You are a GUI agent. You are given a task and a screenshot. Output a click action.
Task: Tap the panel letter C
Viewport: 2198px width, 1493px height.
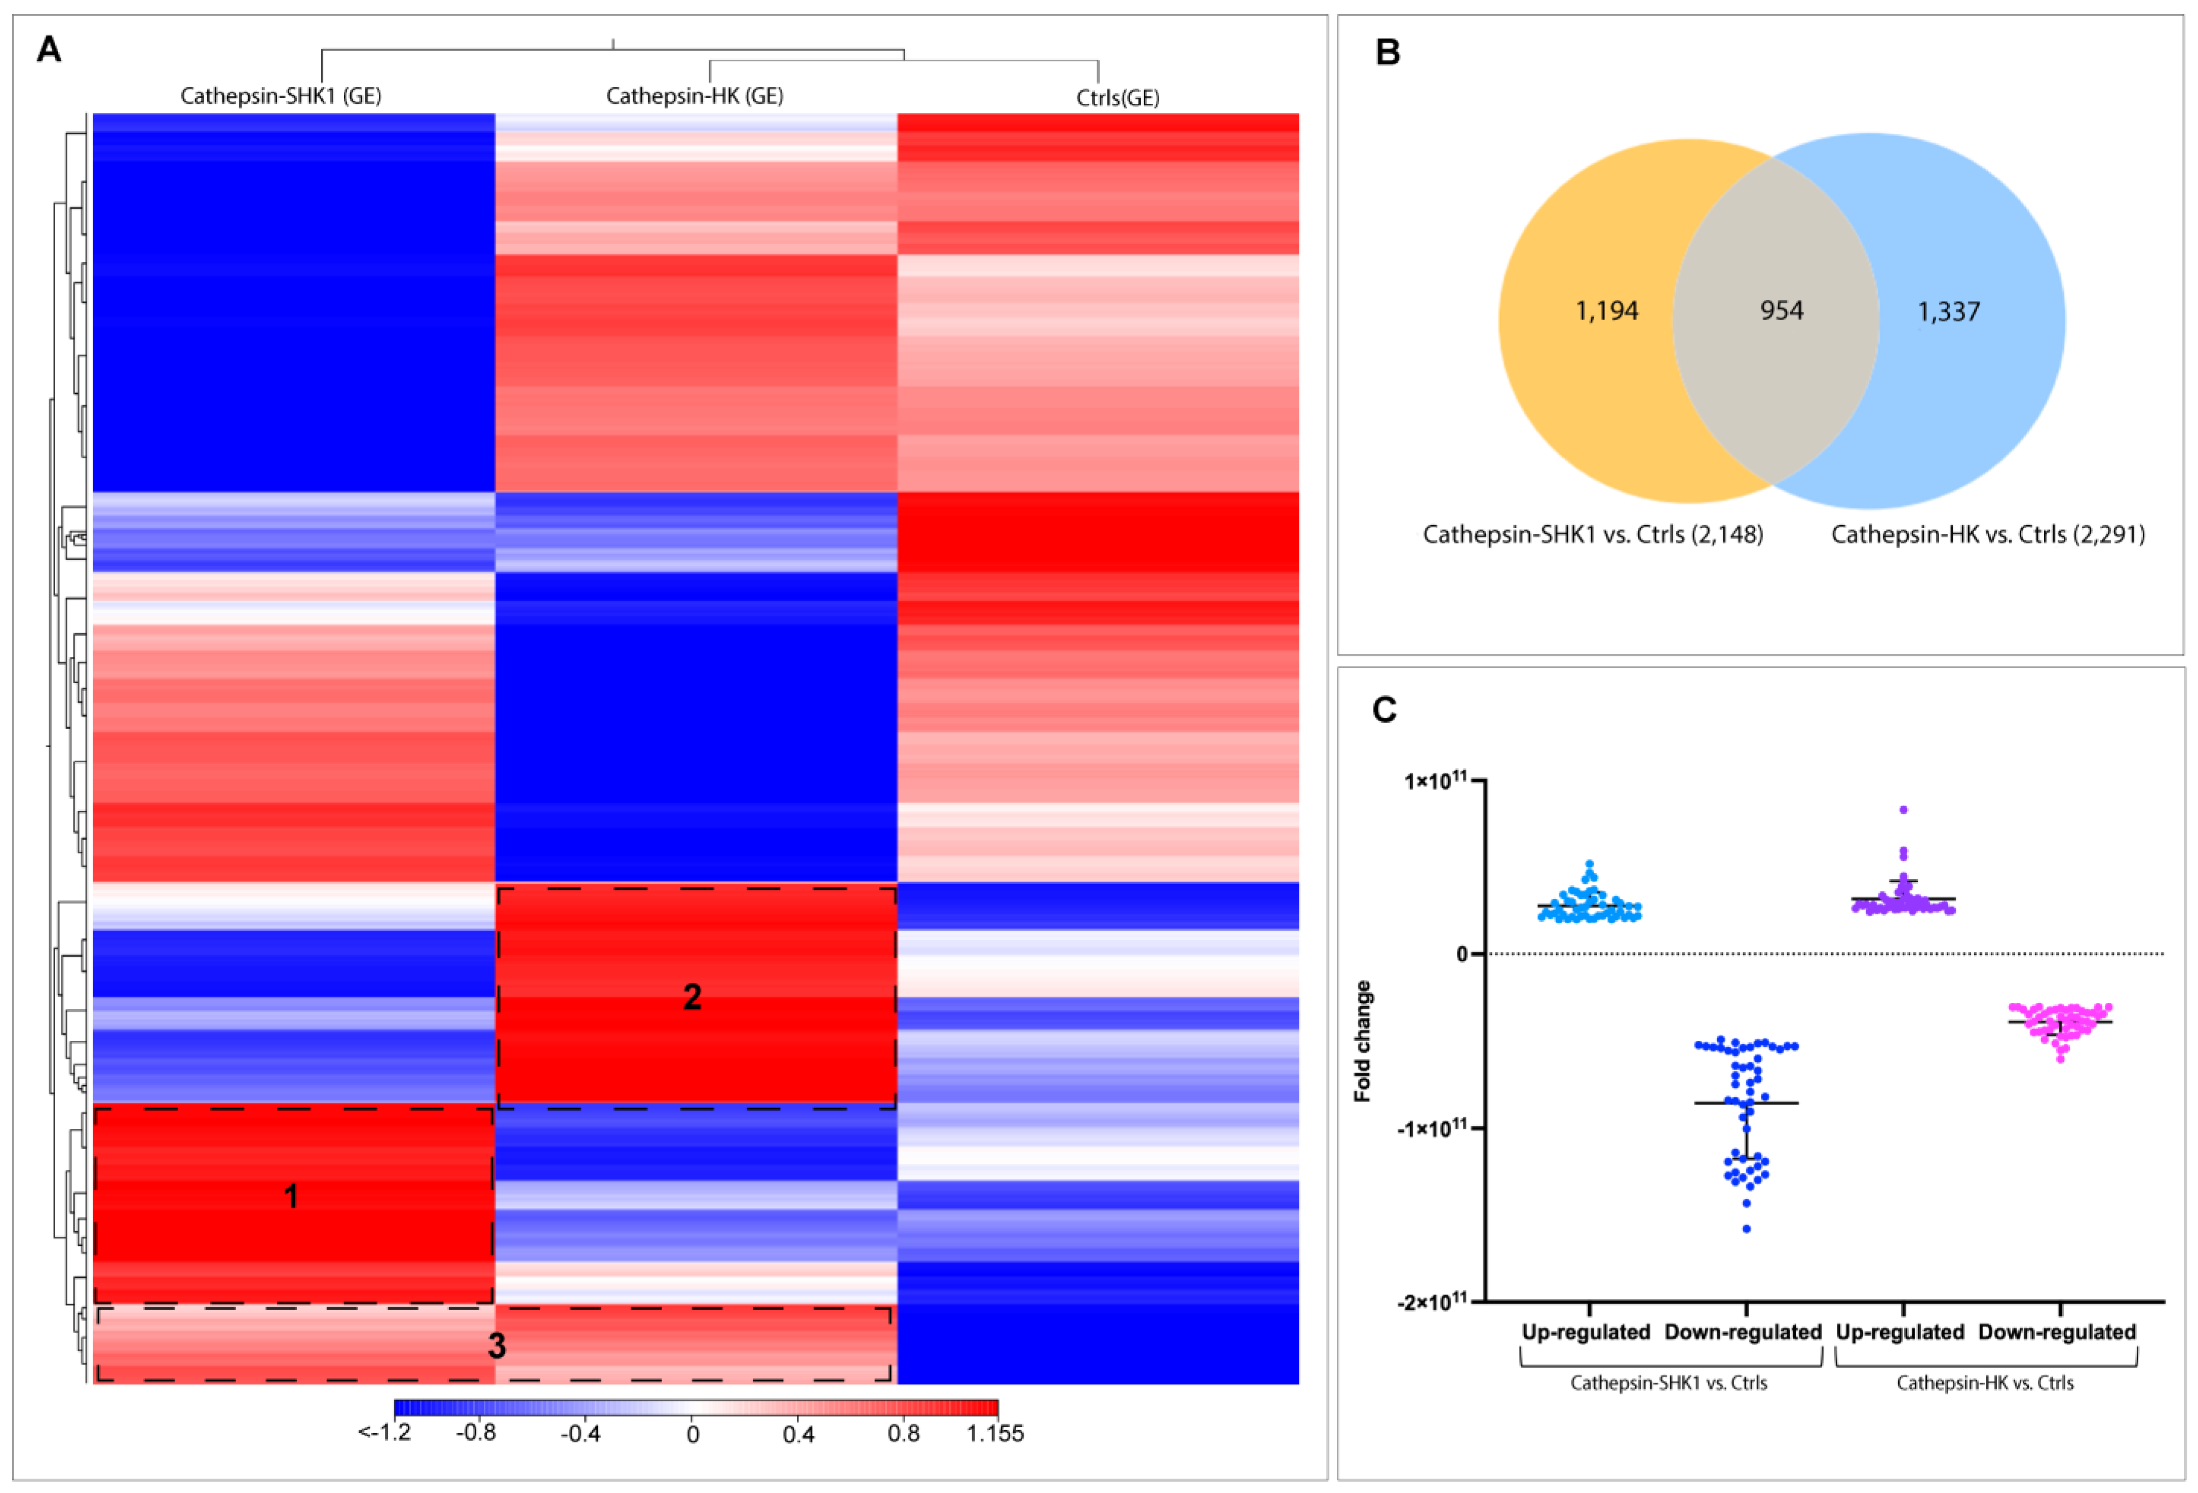point(1384,709)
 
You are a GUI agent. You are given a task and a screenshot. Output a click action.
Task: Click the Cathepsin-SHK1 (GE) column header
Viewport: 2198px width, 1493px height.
point(281,96)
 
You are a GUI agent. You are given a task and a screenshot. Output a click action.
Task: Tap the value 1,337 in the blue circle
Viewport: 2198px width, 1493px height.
point(1948,311)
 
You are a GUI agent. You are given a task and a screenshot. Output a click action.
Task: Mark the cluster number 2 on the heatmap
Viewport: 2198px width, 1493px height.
point(692,997)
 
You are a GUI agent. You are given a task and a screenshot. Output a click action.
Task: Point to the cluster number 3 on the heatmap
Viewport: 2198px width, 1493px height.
point(496,1347)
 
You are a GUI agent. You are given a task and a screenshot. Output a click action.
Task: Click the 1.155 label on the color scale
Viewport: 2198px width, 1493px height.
point(995,1433)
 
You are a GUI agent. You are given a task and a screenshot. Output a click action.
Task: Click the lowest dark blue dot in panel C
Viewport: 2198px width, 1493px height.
point(1746,1229)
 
